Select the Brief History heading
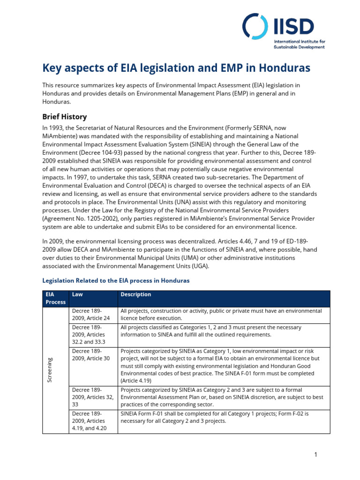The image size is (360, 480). [65, 116]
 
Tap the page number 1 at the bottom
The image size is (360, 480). [316, 454]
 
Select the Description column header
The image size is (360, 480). [136, 294]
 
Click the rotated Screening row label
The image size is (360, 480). [50, 369]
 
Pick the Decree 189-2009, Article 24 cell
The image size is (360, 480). [92, 315]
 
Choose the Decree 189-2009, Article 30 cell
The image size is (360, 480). [92, 354]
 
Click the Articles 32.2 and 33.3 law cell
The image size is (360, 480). [92, 335]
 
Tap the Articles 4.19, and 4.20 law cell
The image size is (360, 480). [92, 421]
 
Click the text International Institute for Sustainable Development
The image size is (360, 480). [300, 45]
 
